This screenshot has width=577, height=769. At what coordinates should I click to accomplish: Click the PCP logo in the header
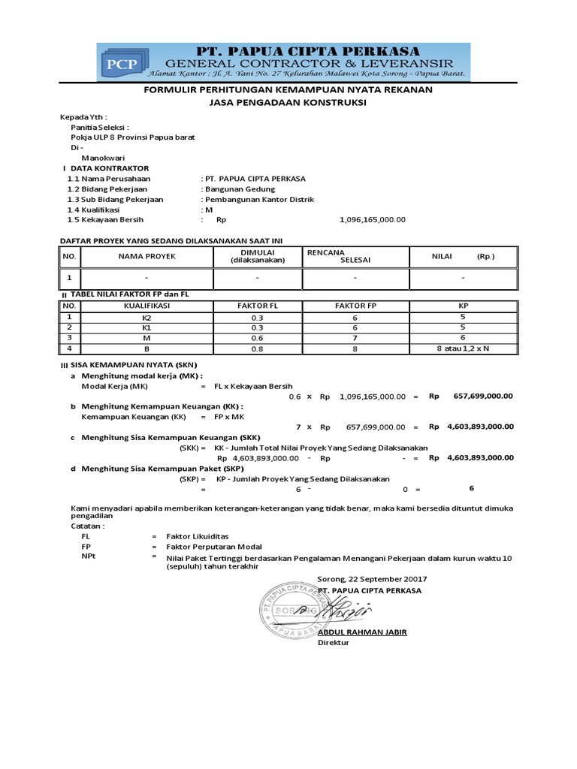click(x=122, y=62)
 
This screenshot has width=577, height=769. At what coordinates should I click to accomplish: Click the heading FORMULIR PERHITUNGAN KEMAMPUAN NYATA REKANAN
click(x=288, y=89)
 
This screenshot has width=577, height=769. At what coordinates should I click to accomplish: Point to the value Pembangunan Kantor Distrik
click(x=259, y=200)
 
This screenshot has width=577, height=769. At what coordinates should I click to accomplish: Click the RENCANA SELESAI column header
click(x=334, y=257)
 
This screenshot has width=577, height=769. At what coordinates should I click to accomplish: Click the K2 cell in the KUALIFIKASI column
click(x=147, y=318)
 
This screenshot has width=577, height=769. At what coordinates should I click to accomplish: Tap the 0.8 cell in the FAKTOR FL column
click(x=258, y=348)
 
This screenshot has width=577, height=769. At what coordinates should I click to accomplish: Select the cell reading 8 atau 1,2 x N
click(x=463, y=348)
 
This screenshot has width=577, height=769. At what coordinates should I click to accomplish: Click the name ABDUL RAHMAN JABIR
click(x=362, y=632)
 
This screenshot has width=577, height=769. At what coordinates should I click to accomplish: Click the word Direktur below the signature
click(x=334, y=643)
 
